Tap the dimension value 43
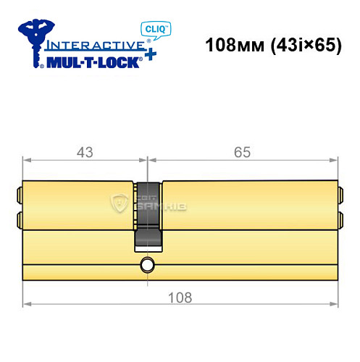tap(85, 153)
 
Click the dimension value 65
tap(243, 153)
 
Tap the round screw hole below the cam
tap(148, 264)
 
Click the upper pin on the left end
tap(19, 193)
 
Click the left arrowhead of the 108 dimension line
tap(27, 304)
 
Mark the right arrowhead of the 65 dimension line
tap(335, 160)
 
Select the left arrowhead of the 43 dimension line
tap(27, 160)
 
